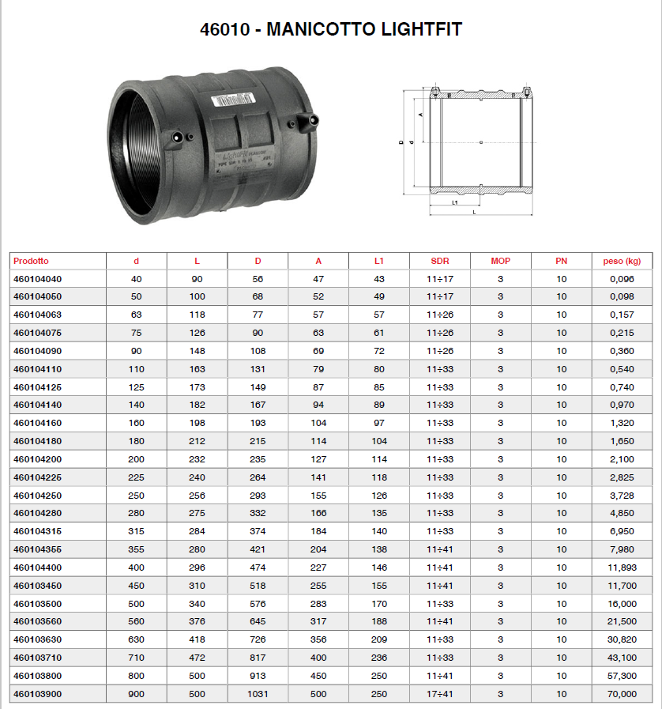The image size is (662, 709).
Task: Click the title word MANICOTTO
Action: point(321,29)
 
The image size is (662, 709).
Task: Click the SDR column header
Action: point(440,261)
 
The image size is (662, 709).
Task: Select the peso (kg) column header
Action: point(622,261)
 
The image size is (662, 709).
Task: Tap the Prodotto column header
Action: point(31,261)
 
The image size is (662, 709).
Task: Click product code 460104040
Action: point(37,279)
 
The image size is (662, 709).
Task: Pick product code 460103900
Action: point(37,694)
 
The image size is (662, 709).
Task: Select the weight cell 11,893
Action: point(622,568)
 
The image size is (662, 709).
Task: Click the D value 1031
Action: point(258,694)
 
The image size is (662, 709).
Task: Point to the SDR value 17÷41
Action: point(440,694)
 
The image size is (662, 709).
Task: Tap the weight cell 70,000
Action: point(622,694)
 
